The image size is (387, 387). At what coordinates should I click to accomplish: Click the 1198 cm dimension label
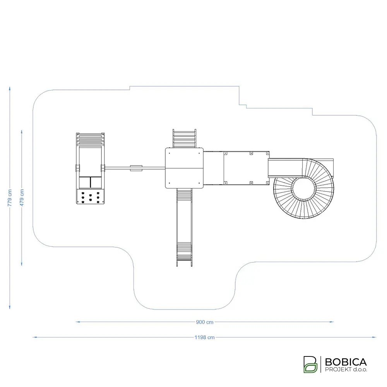[204, 337]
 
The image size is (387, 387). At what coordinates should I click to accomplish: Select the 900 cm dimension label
[205, 322]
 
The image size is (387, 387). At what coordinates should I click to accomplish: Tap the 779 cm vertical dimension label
[10, 198]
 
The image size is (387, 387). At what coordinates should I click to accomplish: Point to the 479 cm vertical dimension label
[22, 198]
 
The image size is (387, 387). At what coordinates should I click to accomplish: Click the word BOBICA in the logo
[346, 362]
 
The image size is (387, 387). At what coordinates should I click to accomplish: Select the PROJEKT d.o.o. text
[346, 370]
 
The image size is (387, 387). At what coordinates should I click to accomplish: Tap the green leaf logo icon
[310, 364]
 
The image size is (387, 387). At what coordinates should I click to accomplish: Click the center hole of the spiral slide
[303, 188]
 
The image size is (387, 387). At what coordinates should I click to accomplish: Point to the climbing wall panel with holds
[90, 197]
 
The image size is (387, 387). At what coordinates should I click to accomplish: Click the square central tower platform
[184, 168]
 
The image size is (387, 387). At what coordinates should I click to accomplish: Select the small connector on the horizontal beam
[136, 168]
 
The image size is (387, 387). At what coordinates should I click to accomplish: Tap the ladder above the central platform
[184, 139]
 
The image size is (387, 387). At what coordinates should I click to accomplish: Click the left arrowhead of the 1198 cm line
[34, 337]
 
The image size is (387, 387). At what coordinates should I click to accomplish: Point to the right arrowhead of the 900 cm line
[332, 322]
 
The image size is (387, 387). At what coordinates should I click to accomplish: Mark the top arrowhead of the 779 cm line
[10, 89]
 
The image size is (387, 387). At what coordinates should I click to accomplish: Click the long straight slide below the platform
[184, 228]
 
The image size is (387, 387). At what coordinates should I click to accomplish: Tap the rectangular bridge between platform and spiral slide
[236, 168]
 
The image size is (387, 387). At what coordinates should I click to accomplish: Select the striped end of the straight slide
[184, 251]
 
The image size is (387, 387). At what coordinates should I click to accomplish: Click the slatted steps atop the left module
[90, 139]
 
